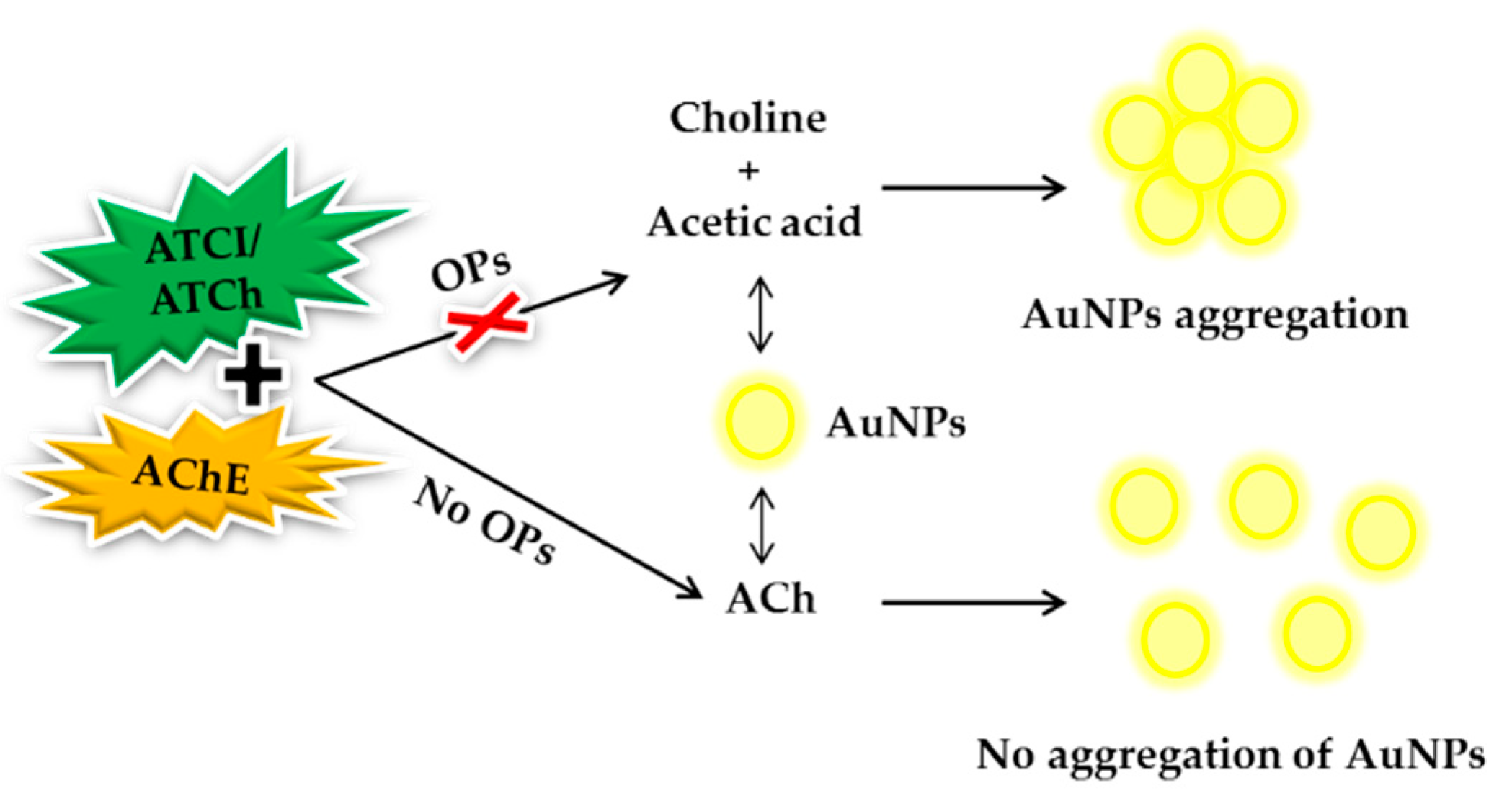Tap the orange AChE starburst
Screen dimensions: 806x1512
point(191,475)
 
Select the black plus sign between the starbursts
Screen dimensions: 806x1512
point(252,373)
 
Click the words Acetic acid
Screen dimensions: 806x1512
point(754,221)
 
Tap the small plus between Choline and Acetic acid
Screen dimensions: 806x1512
point(749,171)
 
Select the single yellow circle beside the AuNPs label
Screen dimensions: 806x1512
point(760,421)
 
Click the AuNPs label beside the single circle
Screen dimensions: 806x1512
point(896,423)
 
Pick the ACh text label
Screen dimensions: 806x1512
point(770,599)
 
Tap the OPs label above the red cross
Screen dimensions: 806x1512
point(471,269)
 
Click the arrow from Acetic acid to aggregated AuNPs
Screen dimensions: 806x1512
point(973,187)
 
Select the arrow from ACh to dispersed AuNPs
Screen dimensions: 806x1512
point(973,601)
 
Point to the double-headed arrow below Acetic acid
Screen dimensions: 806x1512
point(760,315)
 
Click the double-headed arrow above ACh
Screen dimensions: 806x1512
point(762,526)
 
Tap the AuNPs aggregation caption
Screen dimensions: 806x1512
point(1214,315)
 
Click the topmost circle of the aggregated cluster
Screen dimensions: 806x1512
point(1201,79)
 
